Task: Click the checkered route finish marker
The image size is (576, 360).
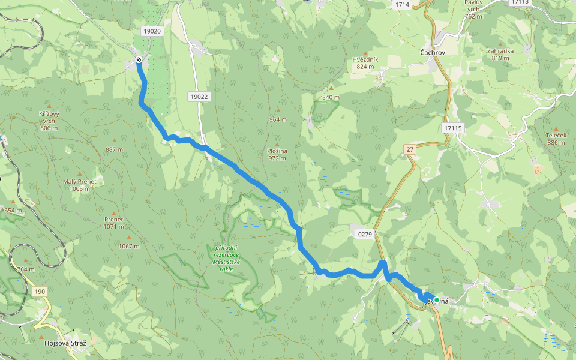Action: tap(139, 59)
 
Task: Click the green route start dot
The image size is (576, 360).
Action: tap(437, 300)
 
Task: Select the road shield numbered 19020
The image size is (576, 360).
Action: tap(152, 31)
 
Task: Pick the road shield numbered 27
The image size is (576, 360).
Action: tap(410, 149)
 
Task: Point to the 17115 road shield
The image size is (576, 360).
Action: tap(452, 128)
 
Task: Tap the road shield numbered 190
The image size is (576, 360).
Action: tap(40, 292)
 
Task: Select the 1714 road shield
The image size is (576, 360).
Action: tap(402, 5)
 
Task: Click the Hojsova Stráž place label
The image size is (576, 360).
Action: tap(65, 343)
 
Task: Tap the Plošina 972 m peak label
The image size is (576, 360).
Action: tap(277, 154)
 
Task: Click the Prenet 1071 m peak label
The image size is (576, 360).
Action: tap(113, 223)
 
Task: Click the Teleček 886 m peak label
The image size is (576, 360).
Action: tap(556, 139)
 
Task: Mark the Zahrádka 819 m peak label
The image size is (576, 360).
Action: tap(500, 54)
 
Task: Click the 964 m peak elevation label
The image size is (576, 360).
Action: tap(278, 119)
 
